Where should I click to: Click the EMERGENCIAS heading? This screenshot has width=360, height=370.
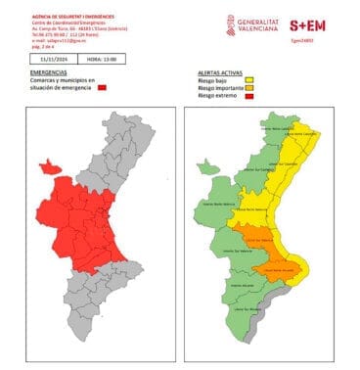click(49, 72)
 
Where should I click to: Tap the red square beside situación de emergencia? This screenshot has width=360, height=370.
click(101, 89)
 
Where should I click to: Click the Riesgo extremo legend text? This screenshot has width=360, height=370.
click(218, 97)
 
